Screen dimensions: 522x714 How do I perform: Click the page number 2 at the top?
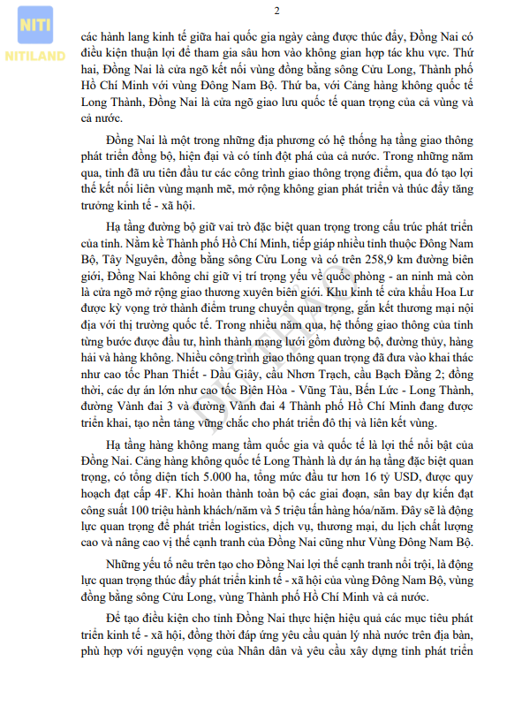pos(276,11)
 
